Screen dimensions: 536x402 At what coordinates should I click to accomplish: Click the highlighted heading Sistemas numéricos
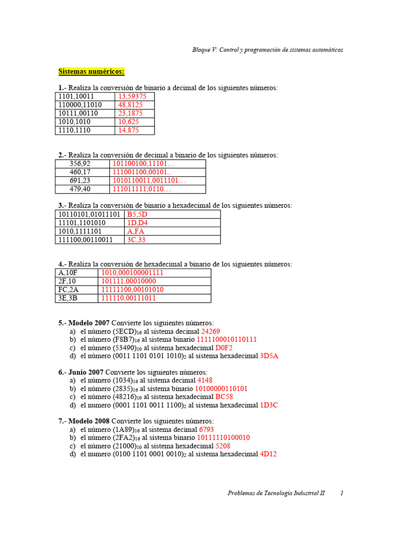[91, 71]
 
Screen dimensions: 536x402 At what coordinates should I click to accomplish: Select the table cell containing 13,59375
[132, 96]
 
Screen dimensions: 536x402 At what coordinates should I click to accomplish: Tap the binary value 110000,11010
[80, 105]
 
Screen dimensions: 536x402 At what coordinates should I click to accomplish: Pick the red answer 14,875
[128, 130]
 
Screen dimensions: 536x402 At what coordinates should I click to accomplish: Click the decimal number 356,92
[80, 164]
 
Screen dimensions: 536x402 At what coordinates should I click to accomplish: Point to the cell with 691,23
[80, 181]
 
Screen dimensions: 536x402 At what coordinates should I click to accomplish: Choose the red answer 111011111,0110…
[142, 189]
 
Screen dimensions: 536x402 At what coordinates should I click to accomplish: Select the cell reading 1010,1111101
[80, 231]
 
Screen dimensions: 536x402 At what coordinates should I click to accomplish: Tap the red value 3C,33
[136, 240]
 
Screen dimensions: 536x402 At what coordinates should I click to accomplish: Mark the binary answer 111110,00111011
[128, 298]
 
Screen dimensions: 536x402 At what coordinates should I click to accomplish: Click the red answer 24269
[210, 331]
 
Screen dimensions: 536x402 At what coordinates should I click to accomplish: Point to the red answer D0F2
[224, 347]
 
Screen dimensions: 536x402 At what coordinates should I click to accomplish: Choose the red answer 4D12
[268, 454]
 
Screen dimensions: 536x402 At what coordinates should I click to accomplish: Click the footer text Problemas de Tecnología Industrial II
[276, 493]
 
